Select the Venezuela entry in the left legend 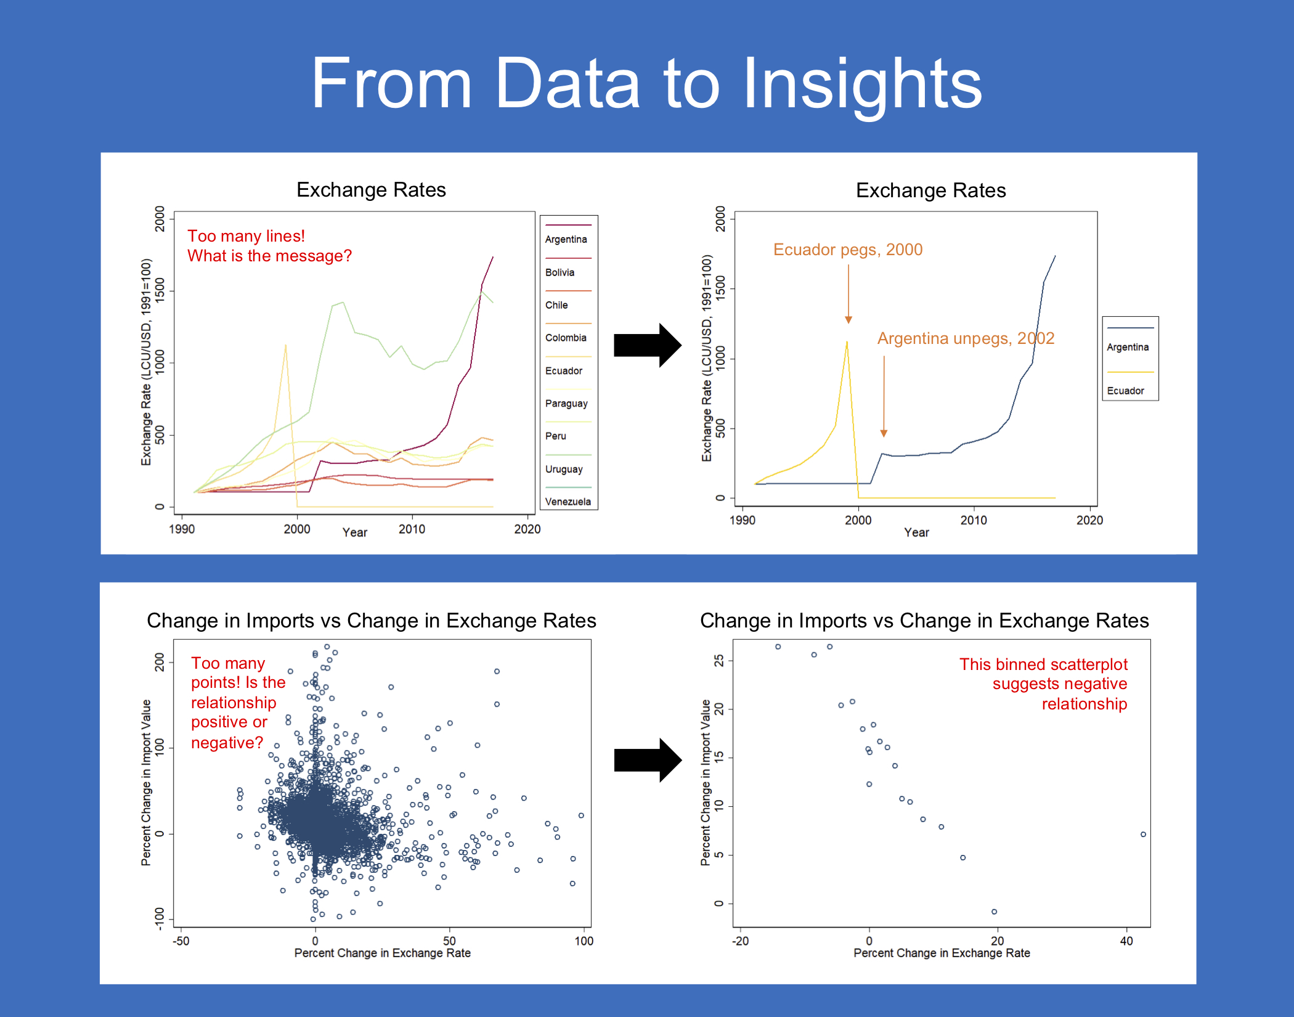click(x=568, y=502)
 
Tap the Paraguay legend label click(x=566, y=404)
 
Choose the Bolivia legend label click(x=560, y=272)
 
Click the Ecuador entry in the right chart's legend click(x=1125, y=391)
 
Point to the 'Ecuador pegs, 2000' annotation click(x=848, y=250)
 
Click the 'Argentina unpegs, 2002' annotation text click(x=966, y=338)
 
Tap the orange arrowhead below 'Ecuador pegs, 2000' click(x=848, y=319)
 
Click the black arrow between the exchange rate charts click(x=648, y=345)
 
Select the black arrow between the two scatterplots click(x=648, y=760)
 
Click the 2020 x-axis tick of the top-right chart click(x=1089, y=520)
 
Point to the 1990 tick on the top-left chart click(x=182, y=529)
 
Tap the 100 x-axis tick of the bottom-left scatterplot click(x=584, y=941)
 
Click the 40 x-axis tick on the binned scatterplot click(x=1126, y=941)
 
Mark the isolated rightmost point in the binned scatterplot click(x=1143, y=835)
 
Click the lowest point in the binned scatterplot click(x=994, y=912)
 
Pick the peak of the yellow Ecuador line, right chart click(x=847, y=341)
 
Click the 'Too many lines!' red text click(x=246, y=236)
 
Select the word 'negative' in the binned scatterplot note click(x=1090, y=684)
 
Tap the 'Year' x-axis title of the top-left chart click(x=355, y=533)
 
